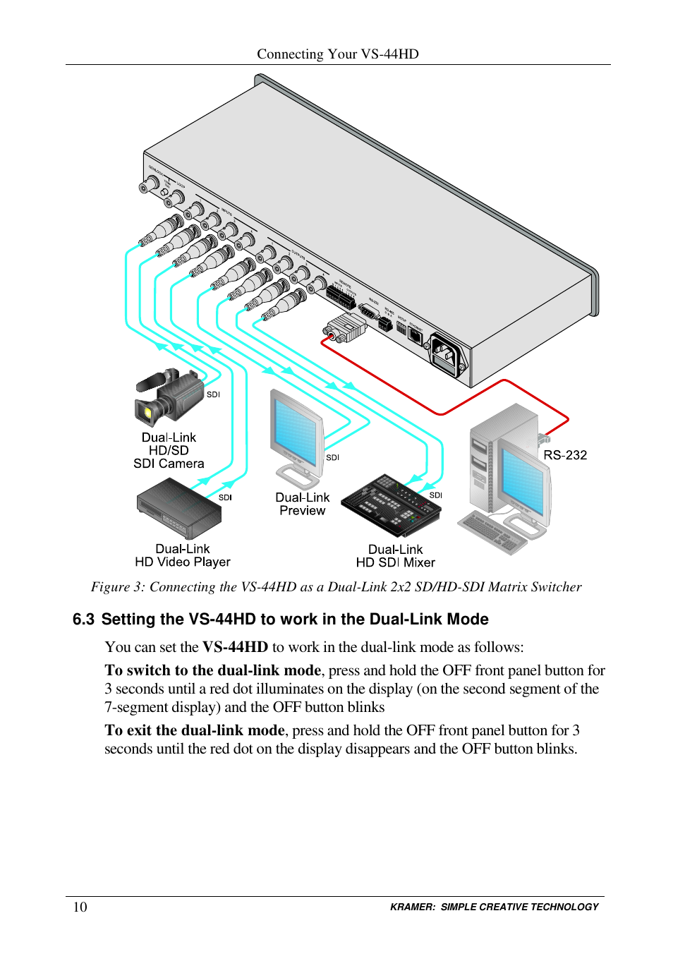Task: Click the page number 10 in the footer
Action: [x=80, y=907]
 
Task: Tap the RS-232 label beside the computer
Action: [x=565, y=455]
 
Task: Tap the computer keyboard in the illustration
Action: [x=492, y=531]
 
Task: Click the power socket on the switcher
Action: [x=444, y=352]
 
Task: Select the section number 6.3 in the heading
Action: [x=83, y=620]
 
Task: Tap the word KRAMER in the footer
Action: [x=413, y=907]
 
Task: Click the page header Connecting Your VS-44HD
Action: [x=337, y=54]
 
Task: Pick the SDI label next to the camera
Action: [x=213, y=394]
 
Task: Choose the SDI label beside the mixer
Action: [x=436, y=495]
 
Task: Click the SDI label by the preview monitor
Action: [x=332, y=457]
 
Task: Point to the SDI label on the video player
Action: [x=225, y=497]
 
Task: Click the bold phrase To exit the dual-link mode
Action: [x=195, y=730]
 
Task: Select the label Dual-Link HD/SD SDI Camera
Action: [x=169, y=450]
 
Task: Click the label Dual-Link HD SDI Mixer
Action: [x=395, y=556]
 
